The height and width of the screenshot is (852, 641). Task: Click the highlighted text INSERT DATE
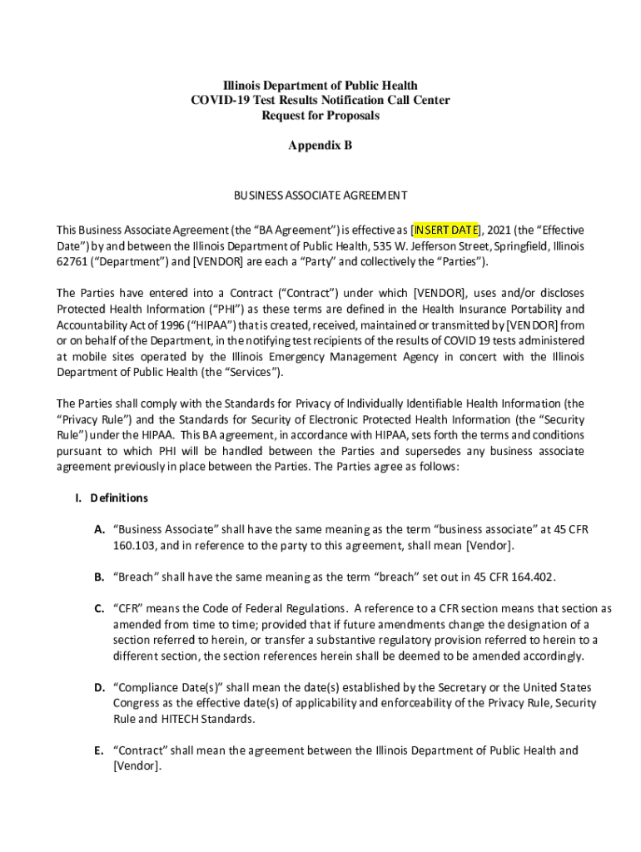click(447, 230)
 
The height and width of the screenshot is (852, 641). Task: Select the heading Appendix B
click(320, 146)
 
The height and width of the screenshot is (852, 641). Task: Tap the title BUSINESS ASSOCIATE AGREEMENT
click(320, 196)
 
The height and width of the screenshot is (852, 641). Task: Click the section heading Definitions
click(119, 498)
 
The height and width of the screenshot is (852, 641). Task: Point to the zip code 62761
click(72, 263)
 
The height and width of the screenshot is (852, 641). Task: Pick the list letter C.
click(99, 609)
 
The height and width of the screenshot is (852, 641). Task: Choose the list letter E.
click(99, 750)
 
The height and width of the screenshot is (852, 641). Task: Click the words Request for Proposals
click(320, 116)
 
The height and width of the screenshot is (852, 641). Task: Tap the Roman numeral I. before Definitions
click(78, 498)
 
